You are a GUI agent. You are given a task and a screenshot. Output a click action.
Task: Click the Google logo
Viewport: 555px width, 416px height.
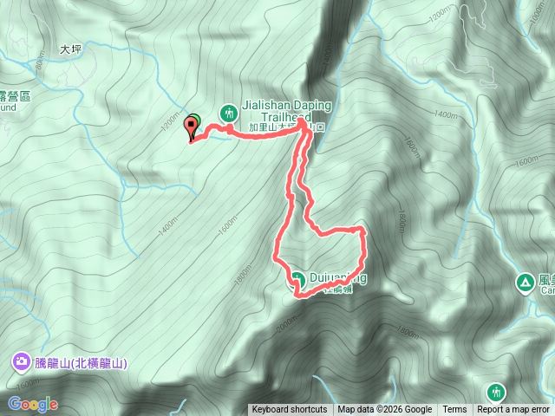pos(33,404)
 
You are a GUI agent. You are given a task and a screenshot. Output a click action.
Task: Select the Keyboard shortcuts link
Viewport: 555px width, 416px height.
pos(289,410)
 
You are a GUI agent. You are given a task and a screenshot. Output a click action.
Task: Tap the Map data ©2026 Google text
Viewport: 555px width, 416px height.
pos(384,410)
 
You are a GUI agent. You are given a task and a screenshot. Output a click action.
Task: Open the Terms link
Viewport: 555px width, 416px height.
pos(454,410)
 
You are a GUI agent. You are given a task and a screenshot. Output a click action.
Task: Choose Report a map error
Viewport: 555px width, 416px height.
pos(513,410)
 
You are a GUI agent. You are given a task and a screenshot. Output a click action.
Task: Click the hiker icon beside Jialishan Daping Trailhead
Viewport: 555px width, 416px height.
pos(229,112)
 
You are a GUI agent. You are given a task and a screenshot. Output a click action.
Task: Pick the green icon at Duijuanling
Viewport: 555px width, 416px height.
pos(297,278)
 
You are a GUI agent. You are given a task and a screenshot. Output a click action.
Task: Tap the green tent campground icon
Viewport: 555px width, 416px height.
pos(525,282)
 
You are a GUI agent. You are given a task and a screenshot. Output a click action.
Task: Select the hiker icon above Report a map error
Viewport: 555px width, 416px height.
pos(495,392)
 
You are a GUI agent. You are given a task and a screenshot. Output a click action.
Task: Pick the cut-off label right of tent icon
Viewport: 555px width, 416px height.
pos(546,285)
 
